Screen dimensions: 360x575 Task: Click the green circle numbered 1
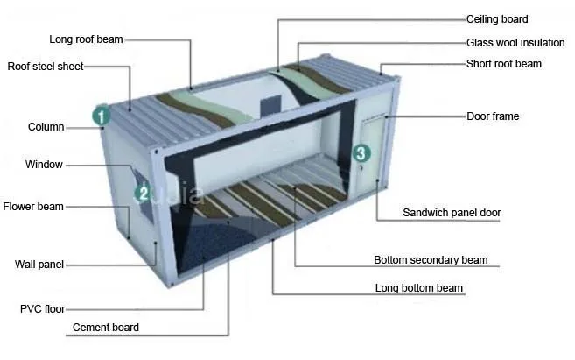click(102, 114)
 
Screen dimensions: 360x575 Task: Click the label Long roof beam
click(86, 39)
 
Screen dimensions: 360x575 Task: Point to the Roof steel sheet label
click(45, 67)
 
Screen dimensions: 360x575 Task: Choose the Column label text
click(46, 127)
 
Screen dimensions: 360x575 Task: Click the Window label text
click(44, 165)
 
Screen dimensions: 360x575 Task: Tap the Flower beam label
click(33, 207)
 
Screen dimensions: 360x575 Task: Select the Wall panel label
click(39, 265)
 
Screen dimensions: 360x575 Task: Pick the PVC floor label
click(42, 308)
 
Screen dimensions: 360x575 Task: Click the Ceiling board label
click(497, 19)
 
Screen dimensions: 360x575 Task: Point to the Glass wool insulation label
click(514, 42)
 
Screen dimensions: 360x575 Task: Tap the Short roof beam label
click(503, 64)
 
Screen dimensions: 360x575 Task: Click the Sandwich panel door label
click(452, 213)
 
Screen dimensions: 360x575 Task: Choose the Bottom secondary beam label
click(431, 260)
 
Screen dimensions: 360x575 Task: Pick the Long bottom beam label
click(419, 288)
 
